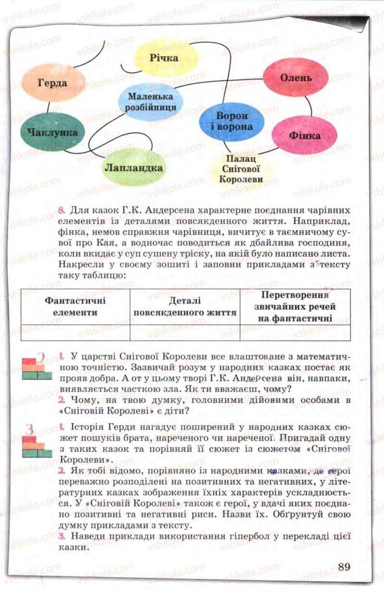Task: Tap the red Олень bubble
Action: [x=296, y=77]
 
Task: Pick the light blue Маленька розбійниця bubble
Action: [x=152, y=101]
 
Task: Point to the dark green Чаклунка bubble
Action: [x=53, y=131]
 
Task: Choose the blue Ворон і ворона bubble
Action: [x=231, y=121]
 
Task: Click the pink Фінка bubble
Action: [x=304, y=135]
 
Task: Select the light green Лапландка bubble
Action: [x=133, y=168]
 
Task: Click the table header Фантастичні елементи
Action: [x=75, y=306]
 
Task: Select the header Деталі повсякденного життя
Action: [x=185, y=307]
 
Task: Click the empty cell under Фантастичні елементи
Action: [x=75, y=332]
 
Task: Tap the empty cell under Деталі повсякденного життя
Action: [x=185, y=332]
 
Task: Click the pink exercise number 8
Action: [x=60, y=210]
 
